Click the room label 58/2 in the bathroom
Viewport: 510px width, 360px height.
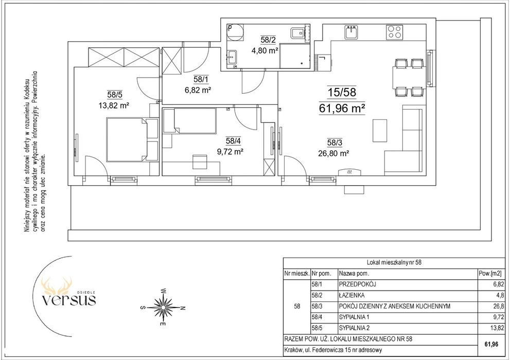tap(268, 40)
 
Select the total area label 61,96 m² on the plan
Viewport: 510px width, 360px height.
tap(342, 109)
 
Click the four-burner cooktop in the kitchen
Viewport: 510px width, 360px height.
tap(395, 32)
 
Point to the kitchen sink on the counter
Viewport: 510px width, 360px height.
tap(351, 32)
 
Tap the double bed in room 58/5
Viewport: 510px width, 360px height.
tap(132, 140)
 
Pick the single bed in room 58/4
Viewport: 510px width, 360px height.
tap(189, 121)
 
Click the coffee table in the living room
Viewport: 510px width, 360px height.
tap(380, 131)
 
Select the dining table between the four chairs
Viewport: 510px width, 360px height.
tap(410, 77)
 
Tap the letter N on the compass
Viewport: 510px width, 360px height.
tap(183, 308)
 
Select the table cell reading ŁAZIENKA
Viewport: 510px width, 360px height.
tap(351, 295)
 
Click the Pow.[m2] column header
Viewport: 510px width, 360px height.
tap(491, 274)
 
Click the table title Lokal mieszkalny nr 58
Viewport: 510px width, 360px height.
tap(394, 262)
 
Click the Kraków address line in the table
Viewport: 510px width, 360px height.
tap(333, 350)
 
